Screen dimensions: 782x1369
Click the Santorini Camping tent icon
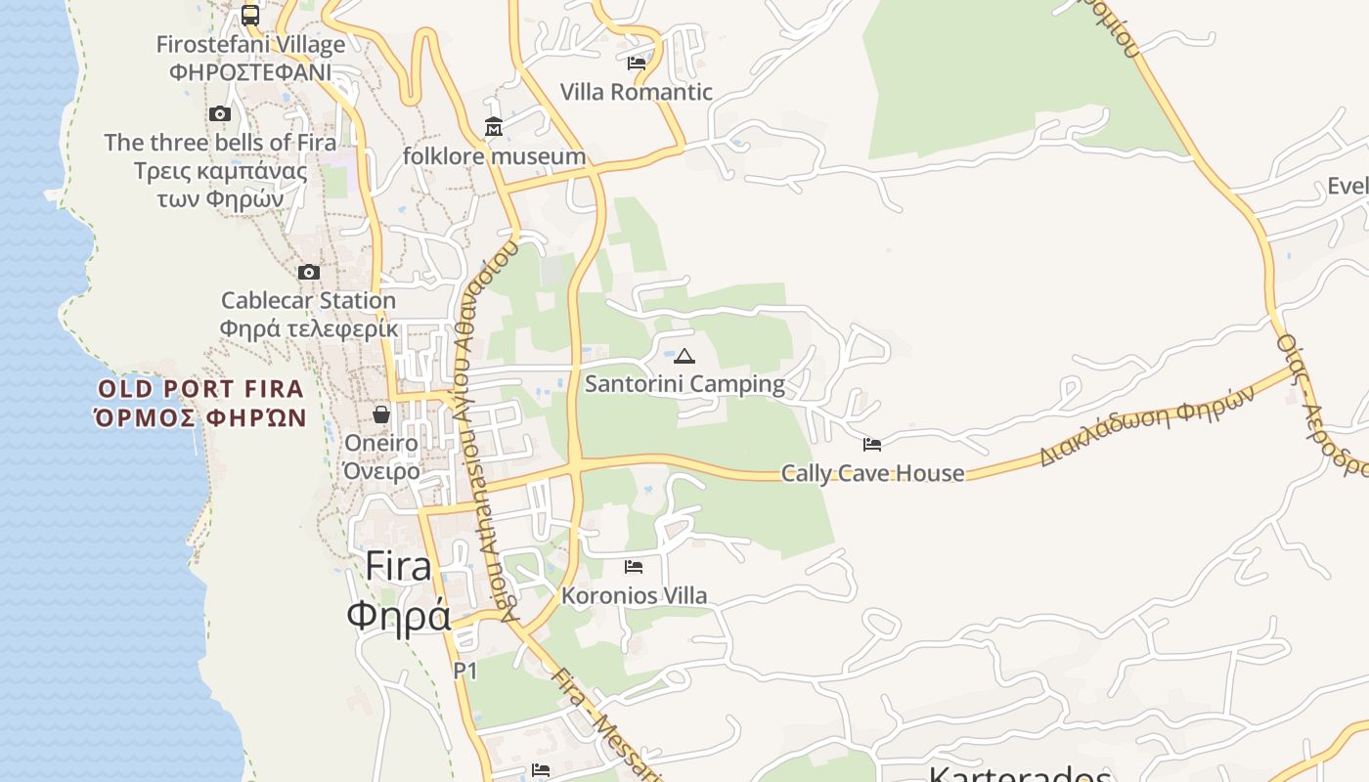[x=684, y=356]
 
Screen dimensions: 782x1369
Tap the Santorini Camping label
[x=684, y=383]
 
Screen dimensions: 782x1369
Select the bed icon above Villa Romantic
[x=637, y=64]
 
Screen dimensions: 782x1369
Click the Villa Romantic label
[x=637, y=92]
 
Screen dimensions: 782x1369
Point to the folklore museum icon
[x=494, y=127]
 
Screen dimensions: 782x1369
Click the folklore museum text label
[x=494, y=156]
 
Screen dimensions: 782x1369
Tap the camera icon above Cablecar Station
[x=309, y=272]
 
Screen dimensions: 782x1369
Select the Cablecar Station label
[x=309, y=300]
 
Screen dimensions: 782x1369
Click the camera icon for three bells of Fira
[x=220, y=113]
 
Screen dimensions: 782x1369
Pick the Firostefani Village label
[x=250, y=45]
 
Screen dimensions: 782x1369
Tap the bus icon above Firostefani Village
[x=250, y=16]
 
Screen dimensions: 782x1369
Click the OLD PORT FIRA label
[x=200, y=389]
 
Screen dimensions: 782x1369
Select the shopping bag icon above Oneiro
[x=381, y=414]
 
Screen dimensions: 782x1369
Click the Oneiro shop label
[x=381, y=443]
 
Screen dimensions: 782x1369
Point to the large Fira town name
[x=399, y=567]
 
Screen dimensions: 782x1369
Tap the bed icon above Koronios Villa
[x=634, y=567]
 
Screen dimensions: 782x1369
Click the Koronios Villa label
[x=634, y=595]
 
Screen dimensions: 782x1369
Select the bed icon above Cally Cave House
[x=872, y=445]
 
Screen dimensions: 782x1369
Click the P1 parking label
[x=465, y=671]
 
